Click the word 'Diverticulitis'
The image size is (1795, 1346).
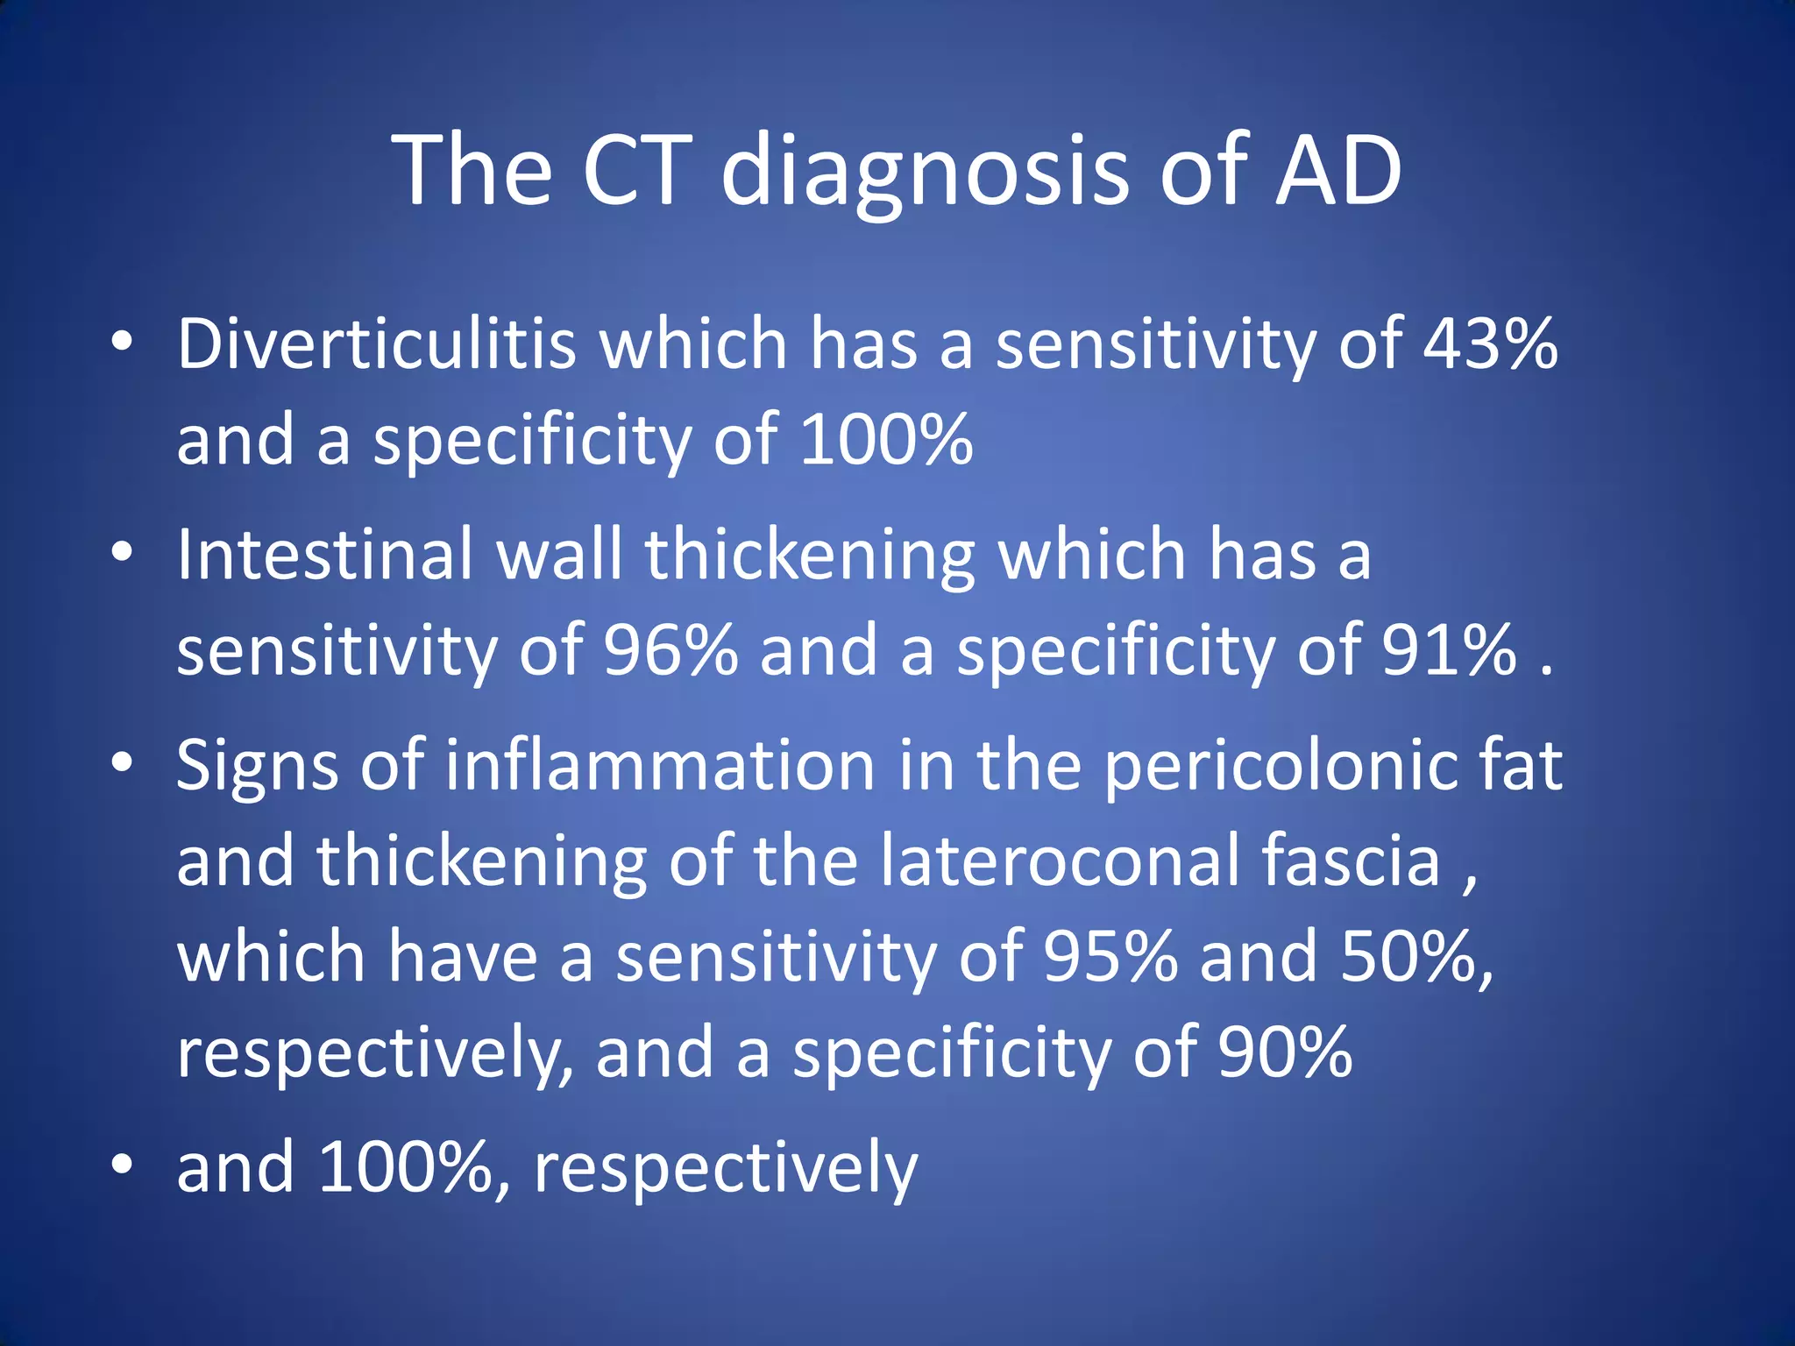tap(376, 344)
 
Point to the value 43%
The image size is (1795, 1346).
tap(1490, 344)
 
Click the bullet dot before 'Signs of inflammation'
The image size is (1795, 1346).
tap(123, 762)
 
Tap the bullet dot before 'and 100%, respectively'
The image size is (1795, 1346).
tap(123, 1165)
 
